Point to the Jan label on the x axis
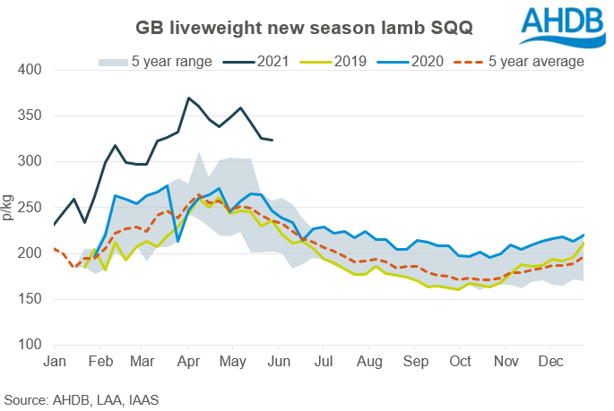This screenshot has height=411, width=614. coord(54,361)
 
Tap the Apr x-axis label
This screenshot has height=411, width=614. coord(188,361)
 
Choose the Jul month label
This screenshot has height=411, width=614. coord(324,361)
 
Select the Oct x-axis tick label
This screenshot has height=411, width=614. coord(461,361)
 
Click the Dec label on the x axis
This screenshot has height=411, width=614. coord(551,361)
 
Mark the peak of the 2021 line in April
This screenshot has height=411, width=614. coord(188,98)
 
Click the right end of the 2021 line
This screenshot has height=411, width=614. coord(272,140)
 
